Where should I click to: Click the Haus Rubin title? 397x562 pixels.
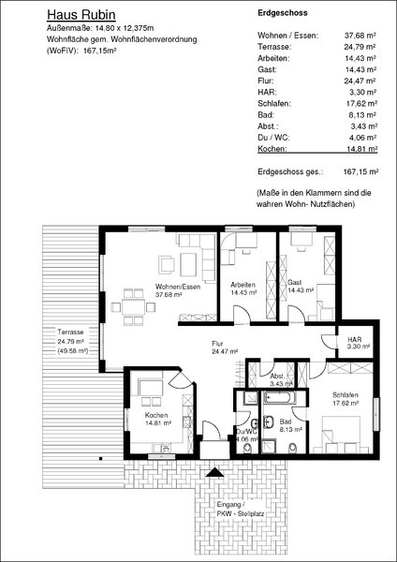click(81, 15)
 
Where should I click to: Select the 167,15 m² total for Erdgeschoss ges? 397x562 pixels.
click(361, 171)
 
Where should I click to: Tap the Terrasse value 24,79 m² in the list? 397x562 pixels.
click(360, 47)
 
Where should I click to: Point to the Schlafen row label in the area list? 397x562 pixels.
click(274, 104)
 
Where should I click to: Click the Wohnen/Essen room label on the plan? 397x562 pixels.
click(178, 287)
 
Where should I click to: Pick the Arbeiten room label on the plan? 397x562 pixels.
click(243, 285)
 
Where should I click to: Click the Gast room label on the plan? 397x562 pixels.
click(295, 283)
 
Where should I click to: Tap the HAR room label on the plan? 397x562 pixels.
click(354, 339)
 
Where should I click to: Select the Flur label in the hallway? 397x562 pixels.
click(217, 344)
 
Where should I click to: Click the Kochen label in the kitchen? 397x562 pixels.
click(156, 415)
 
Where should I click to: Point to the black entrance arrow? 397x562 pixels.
click(215, 472)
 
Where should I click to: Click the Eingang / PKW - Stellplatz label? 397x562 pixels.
click(241, 509)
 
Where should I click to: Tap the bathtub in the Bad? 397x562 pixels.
click(280, 397)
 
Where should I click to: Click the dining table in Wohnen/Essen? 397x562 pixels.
click(134, 307)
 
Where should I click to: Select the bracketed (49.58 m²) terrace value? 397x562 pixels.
click(73, 350)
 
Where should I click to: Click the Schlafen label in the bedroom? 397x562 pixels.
click(346, 395)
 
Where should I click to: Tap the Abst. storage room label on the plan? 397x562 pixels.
click(277, 377)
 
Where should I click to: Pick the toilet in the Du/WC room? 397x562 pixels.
click(247, 448)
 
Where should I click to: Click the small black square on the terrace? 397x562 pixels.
click(101, 458)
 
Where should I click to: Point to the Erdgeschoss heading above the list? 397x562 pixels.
click(283, 13)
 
